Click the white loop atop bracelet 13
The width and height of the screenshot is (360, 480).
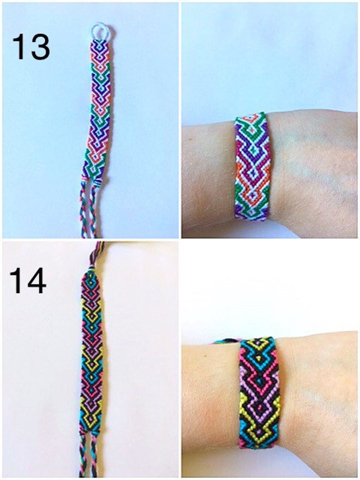coord(100,31)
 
